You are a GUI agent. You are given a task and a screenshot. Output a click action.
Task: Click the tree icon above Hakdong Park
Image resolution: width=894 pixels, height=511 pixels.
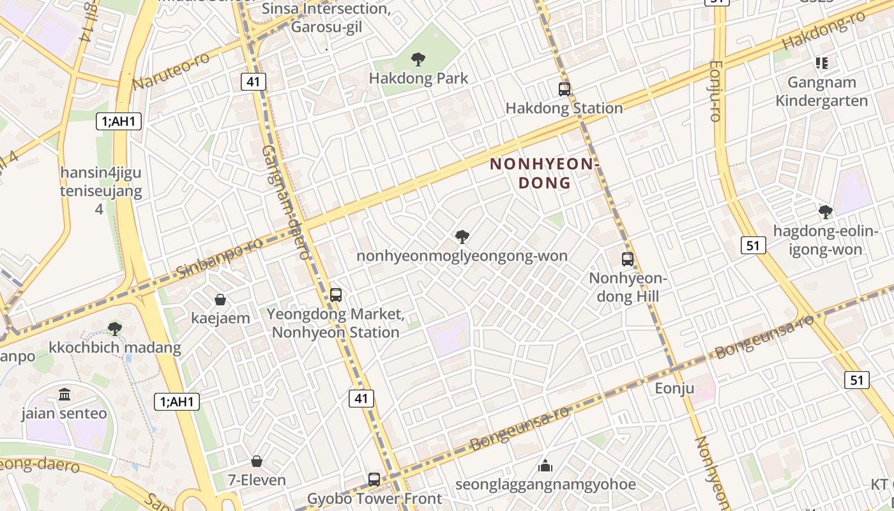click(418, 59)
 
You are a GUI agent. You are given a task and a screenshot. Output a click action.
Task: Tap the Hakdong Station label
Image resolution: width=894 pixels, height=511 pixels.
click(564, 108)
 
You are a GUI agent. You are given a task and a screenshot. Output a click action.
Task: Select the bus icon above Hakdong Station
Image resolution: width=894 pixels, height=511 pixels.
click(564, 89)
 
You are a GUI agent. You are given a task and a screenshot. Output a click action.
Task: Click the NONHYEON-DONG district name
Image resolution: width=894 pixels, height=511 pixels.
click(545, 173)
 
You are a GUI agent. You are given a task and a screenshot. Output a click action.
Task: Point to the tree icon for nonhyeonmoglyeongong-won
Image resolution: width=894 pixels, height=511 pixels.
click(462, 237)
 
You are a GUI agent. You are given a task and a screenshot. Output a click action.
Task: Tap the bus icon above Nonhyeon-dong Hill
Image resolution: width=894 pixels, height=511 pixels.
click(628, 259)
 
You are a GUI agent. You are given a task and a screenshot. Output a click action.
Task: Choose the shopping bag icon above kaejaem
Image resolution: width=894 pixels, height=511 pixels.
click(220, 299)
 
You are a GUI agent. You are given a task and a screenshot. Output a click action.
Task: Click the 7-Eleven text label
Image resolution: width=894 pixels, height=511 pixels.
click(257, 480)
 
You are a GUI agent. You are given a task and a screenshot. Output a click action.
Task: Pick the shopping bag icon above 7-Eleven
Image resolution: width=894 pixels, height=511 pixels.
click(257, 461)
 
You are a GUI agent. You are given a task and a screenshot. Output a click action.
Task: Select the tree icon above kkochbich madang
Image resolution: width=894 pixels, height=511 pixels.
click(115, 329)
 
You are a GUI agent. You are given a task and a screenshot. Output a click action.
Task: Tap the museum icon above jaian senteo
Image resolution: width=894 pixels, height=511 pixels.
click(64, 394)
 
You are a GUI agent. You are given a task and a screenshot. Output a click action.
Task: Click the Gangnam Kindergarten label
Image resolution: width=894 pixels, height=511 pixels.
click(821, 91)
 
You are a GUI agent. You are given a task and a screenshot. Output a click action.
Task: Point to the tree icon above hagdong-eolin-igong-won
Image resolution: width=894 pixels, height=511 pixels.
click(825, 211)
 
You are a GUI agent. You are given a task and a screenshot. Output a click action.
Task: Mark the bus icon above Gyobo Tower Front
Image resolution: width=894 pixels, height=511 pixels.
click(374, 479)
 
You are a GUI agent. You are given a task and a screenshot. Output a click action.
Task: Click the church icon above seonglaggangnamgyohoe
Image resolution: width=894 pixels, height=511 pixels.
click(545, 465)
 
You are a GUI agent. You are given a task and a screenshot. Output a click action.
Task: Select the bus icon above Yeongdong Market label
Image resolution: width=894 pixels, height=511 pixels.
click(336, 295)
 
